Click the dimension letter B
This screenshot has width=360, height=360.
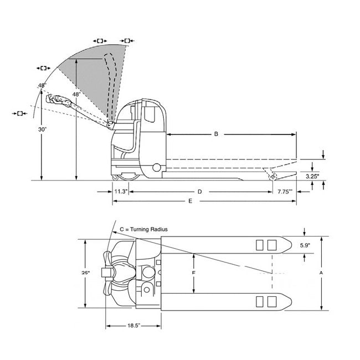(x=217, y=134)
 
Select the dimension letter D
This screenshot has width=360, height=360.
(x=199, y=192)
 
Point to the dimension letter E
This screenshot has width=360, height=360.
(x=190, y=201)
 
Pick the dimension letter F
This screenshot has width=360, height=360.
(x=193, y=273)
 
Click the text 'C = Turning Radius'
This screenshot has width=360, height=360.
(x=143, y=229)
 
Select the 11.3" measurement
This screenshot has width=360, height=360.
(x=121, y=192)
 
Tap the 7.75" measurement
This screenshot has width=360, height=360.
(x=286, y=192)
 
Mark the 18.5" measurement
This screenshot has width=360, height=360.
(x=133, y=327)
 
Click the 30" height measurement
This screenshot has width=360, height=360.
(x=42, y=129)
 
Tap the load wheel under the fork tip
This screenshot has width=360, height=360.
(x=272, y=176)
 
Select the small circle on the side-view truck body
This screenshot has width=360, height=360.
(x=157, y=167)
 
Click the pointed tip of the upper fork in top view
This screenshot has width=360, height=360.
(x=290, y=244)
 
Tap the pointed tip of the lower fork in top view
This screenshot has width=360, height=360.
(x=290, y=301)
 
